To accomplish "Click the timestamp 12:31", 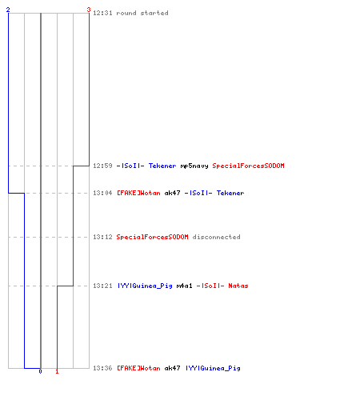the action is coord(102,13).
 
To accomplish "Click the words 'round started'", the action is coord(142,13).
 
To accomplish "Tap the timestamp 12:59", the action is coord(102,166).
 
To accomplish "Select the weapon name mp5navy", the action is coord(194,166).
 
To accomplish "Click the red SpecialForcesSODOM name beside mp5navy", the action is coord(248,166).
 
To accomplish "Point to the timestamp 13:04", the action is coord(102,193).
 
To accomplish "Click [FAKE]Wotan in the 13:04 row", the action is coord(138,193).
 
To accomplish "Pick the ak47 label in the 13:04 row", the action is coord(172,193).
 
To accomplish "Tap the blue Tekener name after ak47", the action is coord(230,193).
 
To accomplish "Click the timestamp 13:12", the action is coord(102,237).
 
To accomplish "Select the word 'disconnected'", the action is coord(216,237).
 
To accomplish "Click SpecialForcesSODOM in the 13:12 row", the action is coord(152,237).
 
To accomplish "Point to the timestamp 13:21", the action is coord(102,286).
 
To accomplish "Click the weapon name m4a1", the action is coord(184,286).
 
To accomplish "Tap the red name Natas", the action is coord(238,286).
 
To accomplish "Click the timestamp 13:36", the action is coord(102,368).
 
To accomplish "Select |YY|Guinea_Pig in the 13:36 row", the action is coord(213,369).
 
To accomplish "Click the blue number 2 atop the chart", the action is coord(8,10).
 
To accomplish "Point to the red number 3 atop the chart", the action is coord(89,10).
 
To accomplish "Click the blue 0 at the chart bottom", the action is coord(40,371).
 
